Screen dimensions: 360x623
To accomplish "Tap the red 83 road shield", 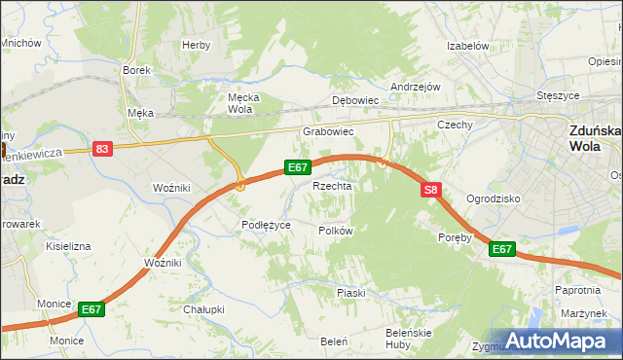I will (102, 149).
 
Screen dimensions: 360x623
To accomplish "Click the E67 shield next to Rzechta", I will (298, 167).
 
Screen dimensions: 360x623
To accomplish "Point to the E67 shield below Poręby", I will (501, 249).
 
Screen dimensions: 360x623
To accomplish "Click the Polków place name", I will (335, 231).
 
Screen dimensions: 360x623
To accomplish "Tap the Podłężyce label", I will (267, 225).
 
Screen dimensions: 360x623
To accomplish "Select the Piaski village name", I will (350, 293).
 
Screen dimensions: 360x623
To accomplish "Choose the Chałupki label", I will (203, 309).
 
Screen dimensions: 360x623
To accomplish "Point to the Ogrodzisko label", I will (494, 198).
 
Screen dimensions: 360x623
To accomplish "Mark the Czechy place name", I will (455, 125).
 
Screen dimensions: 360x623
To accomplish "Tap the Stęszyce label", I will (559, 96).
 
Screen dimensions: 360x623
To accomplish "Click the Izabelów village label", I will (466, 46).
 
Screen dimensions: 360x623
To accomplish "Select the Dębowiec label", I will (354, 100).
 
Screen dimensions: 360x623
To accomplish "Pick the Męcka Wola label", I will (239, 103).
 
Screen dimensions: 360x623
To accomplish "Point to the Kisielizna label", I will (68, 246).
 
